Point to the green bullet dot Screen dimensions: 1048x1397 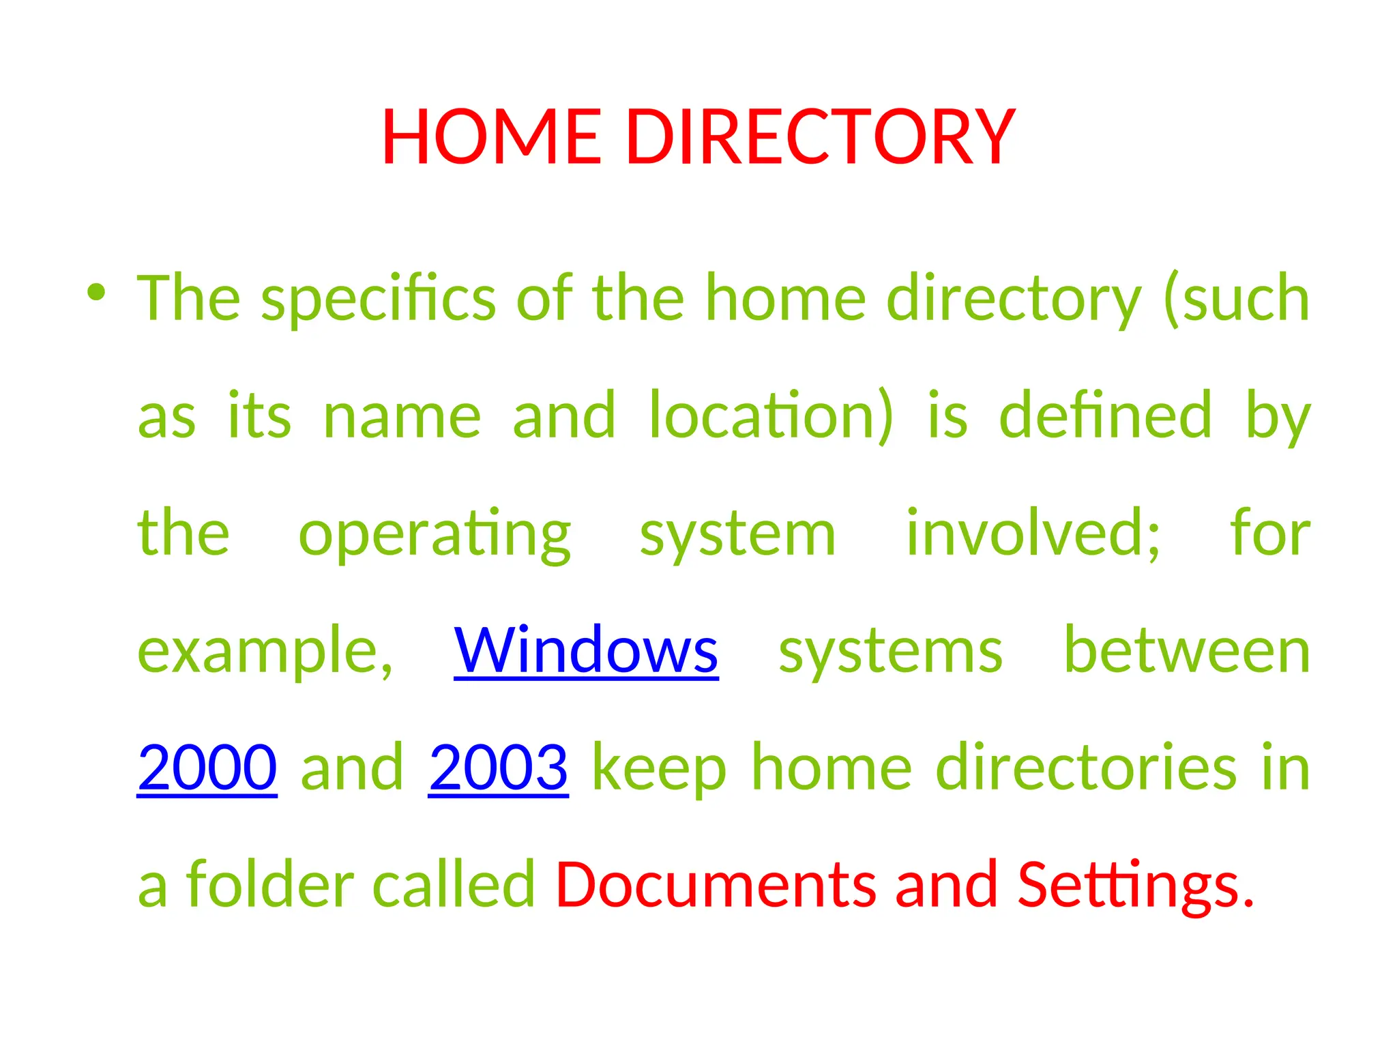[96, 293]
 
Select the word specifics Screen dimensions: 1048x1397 [379, 299]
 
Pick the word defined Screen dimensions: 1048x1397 [1106, 416]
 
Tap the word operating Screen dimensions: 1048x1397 [435, 534]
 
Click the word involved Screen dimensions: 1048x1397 [1033, 534]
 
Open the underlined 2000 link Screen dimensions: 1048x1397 [207, 768]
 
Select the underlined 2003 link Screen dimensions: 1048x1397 [499, 768]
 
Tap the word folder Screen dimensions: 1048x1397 [270, 885]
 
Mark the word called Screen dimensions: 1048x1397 [454, 885]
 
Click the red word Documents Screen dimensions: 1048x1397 [716, 885]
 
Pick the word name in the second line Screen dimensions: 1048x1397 [402, 417]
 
